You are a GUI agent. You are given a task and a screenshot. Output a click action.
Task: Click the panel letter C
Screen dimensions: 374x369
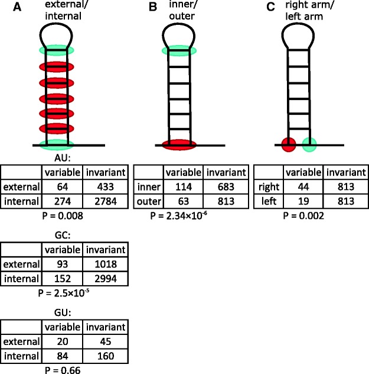[255, 8]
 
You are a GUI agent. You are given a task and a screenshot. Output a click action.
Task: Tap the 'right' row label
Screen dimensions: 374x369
[270, 186]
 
